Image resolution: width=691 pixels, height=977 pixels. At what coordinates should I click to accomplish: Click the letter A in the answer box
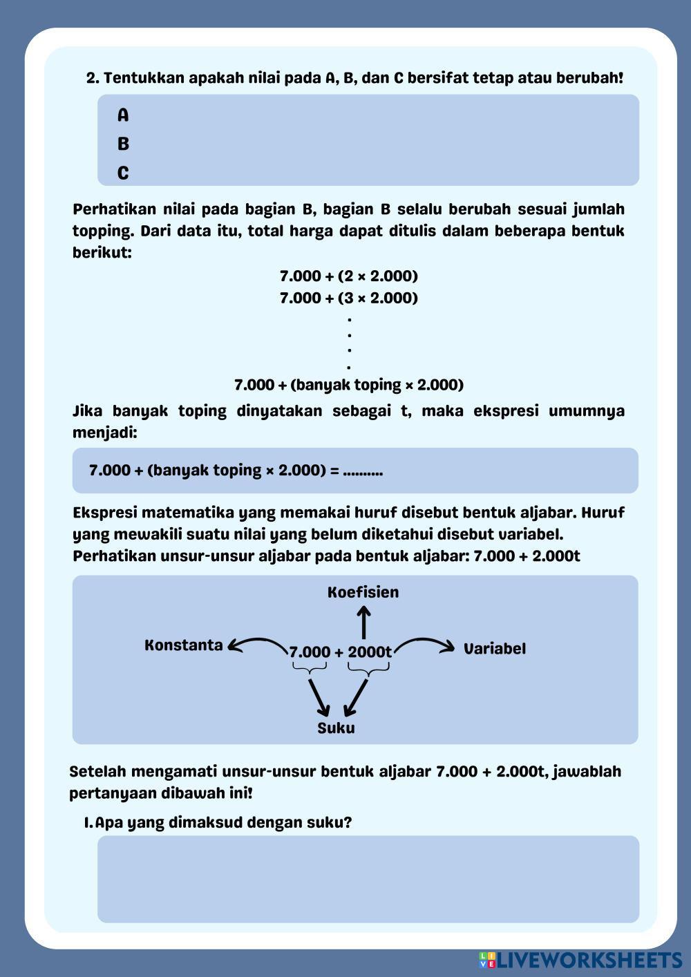(123, 115)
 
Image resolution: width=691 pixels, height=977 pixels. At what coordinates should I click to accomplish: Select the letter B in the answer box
(123, 144)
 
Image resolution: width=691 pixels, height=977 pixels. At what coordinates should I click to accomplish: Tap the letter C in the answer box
(123, 173)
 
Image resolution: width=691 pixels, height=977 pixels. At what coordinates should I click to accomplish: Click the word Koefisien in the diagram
(363, 592)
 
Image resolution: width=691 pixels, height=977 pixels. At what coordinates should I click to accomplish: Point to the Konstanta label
(184, 645)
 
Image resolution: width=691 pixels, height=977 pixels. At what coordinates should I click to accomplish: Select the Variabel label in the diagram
(494, 649)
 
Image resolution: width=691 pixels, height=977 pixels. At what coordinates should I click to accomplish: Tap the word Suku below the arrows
(336, 728)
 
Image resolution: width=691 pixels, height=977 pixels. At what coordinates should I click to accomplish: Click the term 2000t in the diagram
(370, 652)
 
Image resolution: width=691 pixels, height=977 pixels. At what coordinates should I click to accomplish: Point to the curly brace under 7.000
(309, 668)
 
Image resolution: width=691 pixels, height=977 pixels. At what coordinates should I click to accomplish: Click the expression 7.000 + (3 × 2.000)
(349, 298)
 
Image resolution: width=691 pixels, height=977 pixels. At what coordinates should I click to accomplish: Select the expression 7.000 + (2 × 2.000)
(349, 276)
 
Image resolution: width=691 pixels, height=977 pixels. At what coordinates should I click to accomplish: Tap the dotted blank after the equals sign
(363, 471)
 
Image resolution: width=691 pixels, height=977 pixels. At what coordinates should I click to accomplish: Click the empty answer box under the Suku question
(368, 879)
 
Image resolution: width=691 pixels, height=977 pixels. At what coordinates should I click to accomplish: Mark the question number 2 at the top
(93, 78)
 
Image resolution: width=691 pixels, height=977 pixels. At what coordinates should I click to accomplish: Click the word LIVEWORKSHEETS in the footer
(589, 960)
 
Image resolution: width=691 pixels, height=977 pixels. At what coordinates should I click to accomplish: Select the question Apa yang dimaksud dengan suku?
(223, 823)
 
